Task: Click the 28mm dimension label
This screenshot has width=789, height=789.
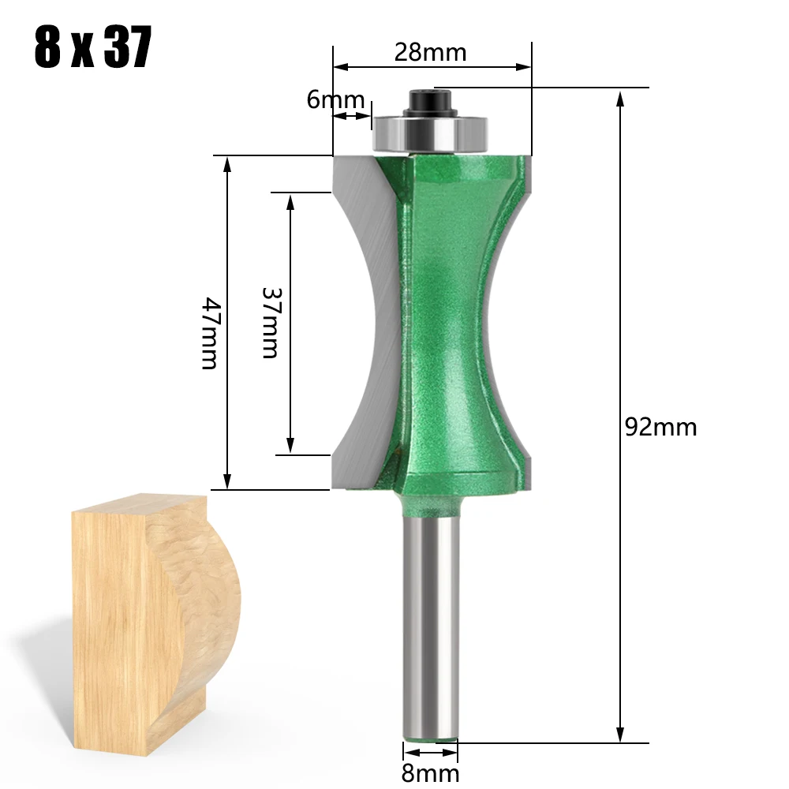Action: click(x=430, y=52)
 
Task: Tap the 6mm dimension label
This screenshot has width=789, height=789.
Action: click(x=335, y=99)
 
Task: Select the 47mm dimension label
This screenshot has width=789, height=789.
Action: click(x=210, y=333)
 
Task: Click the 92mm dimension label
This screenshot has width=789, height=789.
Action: click(x=660, y=427)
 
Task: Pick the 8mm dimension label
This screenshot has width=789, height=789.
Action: click(x=430, y=773)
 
